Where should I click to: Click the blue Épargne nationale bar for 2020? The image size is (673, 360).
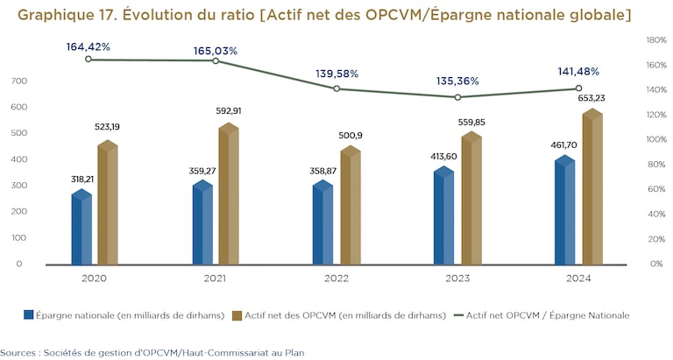click(81, 229)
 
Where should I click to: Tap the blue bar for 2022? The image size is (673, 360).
click(323, 225)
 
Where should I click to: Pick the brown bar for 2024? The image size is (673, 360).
click(592, 189)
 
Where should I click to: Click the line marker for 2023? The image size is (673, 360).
click(457, 97)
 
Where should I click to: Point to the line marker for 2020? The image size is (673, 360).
click(89, 59)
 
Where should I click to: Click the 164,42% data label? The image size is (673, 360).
click(89, 46)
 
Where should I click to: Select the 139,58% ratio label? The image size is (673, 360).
click(335, 75)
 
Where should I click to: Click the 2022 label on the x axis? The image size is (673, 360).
click(336, 278)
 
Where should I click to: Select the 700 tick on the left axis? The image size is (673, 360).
click(18, 81)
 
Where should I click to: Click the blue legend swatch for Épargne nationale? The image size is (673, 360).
click(29, 314)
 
